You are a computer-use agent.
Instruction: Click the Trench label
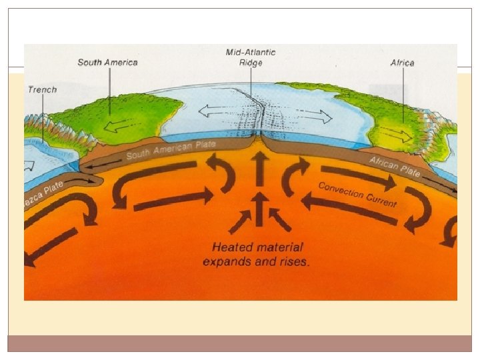[42, 89]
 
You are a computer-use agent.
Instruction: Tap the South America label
[107, 63]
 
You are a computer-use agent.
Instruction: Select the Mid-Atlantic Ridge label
[251, 57]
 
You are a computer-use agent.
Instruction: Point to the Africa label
[402, 63]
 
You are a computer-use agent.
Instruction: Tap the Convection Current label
[357, 194]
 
